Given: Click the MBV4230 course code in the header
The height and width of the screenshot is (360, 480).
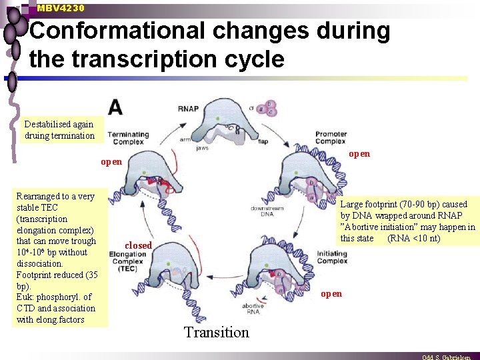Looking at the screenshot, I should (x=61, y=8).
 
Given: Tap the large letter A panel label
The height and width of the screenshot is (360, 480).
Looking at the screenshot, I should (x=115, y=107).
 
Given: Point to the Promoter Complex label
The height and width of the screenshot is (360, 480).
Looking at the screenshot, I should (x=331, y=137).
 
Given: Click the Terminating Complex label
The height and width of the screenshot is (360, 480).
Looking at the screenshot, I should (x=129, y=138).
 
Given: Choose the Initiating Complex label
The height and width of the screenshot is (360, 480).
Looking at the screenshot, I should (x=331, y=257).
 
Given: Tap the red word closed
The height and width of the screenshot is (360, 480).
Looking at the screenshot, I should (x=138, y=245).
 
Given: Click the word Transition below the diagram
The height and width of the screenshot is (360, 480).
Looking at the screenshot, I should (x=216, y=332).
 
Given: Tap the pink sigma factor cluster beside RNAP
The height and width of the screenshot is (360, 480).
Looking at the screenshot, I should (x=269, y=108).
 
